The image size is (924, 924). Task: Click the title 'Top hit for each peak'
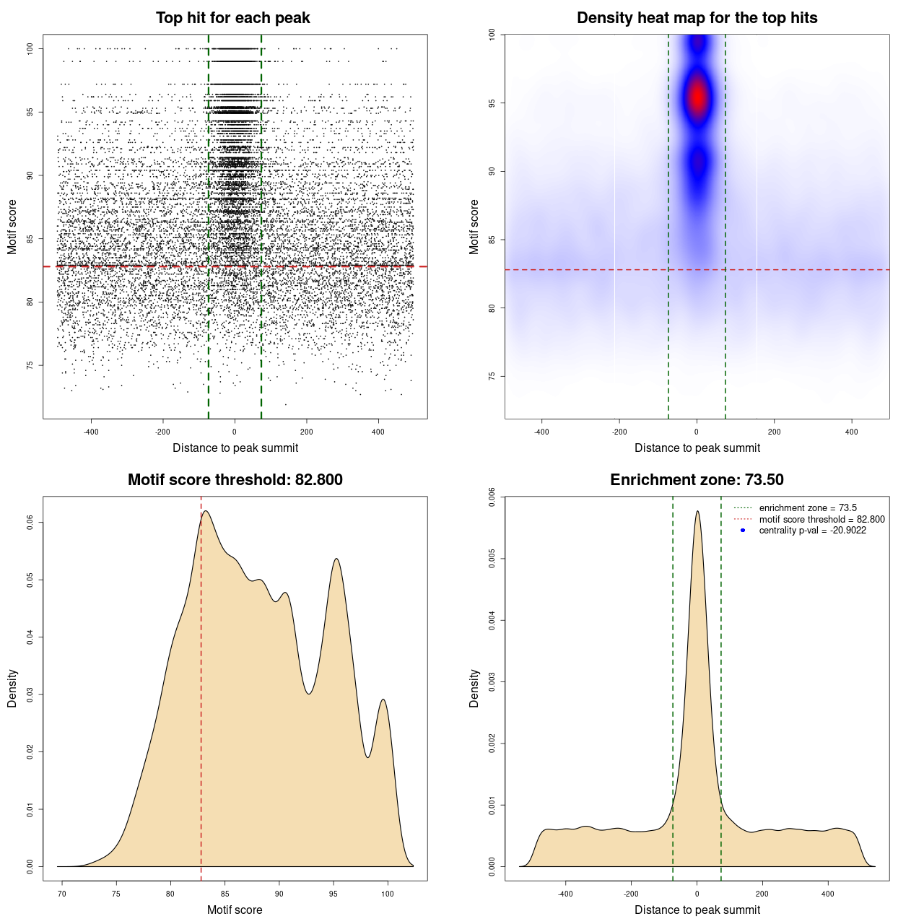[x=232, y=18]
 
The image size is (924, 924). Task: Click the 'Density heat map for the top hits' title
[x=697, y=18]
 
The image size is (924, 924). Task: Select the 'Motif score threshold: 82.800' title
[x=235, y=480]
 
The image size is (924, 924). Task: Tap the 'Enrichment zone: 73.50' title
[x=697, y=480]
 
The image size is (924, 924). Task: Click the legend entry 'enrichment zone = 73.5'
[x=808, y=508]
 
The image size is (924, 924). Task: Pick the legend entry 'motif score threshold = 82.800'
[x=821, y=519]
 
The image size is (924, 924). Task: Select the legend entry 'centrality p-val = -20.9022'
[x=812, y=531]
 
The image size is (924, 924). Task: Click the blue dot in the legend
[x=743, y=531]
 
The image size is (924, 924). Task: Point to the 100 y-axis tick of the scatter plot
[x=30, y=48]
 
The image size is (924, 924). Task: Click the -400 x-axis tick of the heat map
[x=541, y=432]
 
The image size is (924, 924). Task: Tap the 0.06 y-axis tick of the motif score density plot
[x=30, y=522]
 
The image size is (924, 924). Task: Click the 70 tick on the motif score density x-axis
[x=62, y=894]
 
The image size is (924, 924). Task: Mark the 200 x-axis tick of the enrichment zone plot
[x=762, y=894]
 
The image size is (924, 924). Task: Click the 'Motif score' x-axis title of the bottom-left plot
[x=235, y=910]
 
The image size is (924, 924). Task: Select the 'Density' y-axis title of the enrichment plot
[x=474, y=688]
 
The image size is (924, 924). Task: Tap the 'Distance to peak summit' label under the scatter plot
[x=235, y=448]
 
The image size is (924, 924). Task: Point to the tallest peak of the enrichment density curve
[x=697, y=512]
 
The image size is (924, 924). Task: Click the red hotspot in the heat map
[x=697, y=97]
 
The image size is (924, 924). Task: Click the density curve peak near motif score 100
[x=383, y=699]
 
